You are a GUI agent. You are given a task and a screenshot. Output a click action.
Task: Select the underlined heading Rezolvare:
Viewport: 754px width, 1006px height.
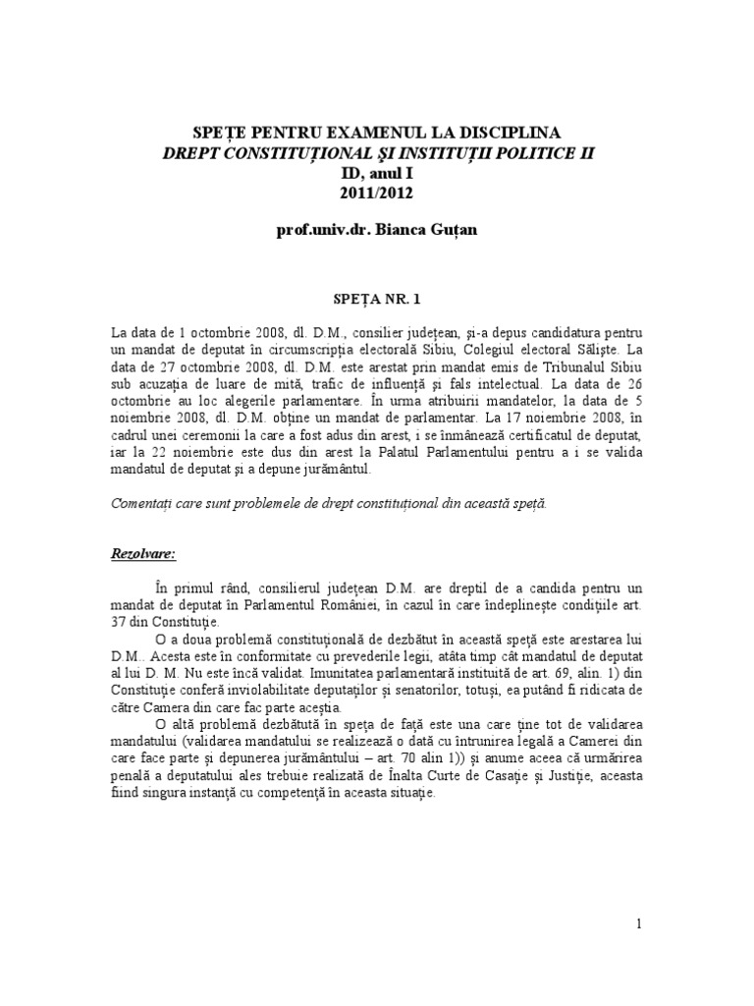(x=143, y=554)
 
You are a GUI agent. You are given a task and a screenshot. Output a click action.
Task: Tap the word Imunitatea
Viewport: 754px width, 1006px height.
(x=351, y=674)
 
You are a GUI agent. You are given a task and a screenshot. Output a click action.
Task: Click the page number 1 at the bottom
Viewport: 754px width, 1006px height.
(x=639, y=923)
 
